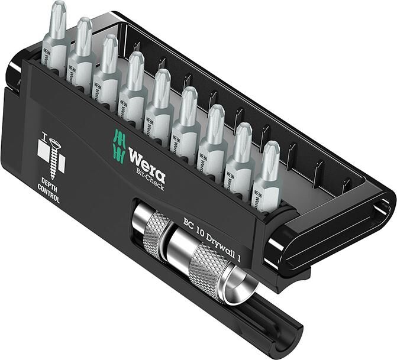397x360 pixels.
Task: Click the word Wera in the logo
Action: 147,160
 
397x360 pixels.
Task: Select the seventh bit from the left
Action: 214,139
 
